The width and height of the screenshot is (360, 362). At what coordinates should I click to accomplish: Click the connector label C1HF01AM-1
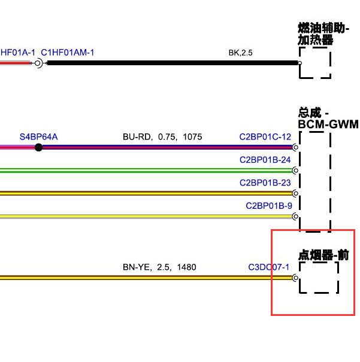[x=68, y=53]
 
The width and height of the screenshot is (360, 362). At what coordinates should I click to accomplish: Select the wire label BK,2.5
[x=240, y=53]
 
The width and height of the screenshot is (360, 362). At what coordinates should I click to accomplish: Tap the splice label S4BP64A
[x=38, y=137]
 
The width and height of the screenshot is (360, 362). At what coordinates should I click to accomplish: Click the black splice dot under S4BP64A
[x=38, y=147]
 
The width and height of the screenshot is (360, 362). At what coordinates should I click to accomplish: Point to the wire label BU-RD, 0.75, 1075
[x=162, y=137]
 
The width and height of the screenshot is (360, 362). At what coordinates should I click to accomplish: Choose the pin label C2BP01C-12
[x=265, y=137]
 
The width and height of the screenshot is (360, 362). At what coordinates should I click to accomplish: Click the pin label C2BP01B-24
[x=265, y=160]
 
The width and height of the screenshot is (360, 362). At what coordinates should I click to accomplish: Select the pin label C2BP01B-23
[x=265, y=183]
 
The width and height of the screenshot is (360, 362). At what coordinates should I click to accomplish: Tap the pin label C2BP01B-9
[x=269, y=206]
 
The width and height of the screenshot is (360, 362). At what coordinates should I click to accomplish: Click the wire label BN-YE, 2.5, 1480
[x=159, y=267]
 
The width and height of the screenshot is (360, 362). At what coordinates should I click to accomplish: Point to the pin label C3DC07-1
[x=268, y=267]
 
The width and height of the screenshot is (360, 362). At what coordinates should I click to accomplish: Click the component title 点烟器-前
[x=323, y=255]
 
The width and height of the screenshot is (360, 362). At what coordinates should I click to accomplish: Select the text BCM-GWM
[x=328, y=124]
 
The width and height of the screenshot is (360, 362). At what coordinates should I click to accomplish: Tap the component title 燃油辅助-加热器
[x=323, y=34]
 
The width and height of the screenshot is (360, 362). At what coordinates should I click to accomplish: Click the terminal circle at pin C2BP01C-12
[x=295, y=147]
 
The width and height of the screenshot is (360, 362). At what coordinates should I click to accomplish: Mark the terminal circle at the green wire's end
[x=295, y=171]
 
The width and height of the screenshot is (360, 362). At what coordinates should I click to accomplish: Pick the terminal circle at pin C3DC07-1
[x=295, y=278]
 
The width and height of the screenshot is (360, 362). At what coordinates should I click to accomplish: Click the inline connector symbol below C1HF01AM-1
[x=38, y=63]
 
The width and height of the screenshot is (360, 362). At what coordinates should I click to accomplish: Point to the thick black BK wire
[x=173, y=63]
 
